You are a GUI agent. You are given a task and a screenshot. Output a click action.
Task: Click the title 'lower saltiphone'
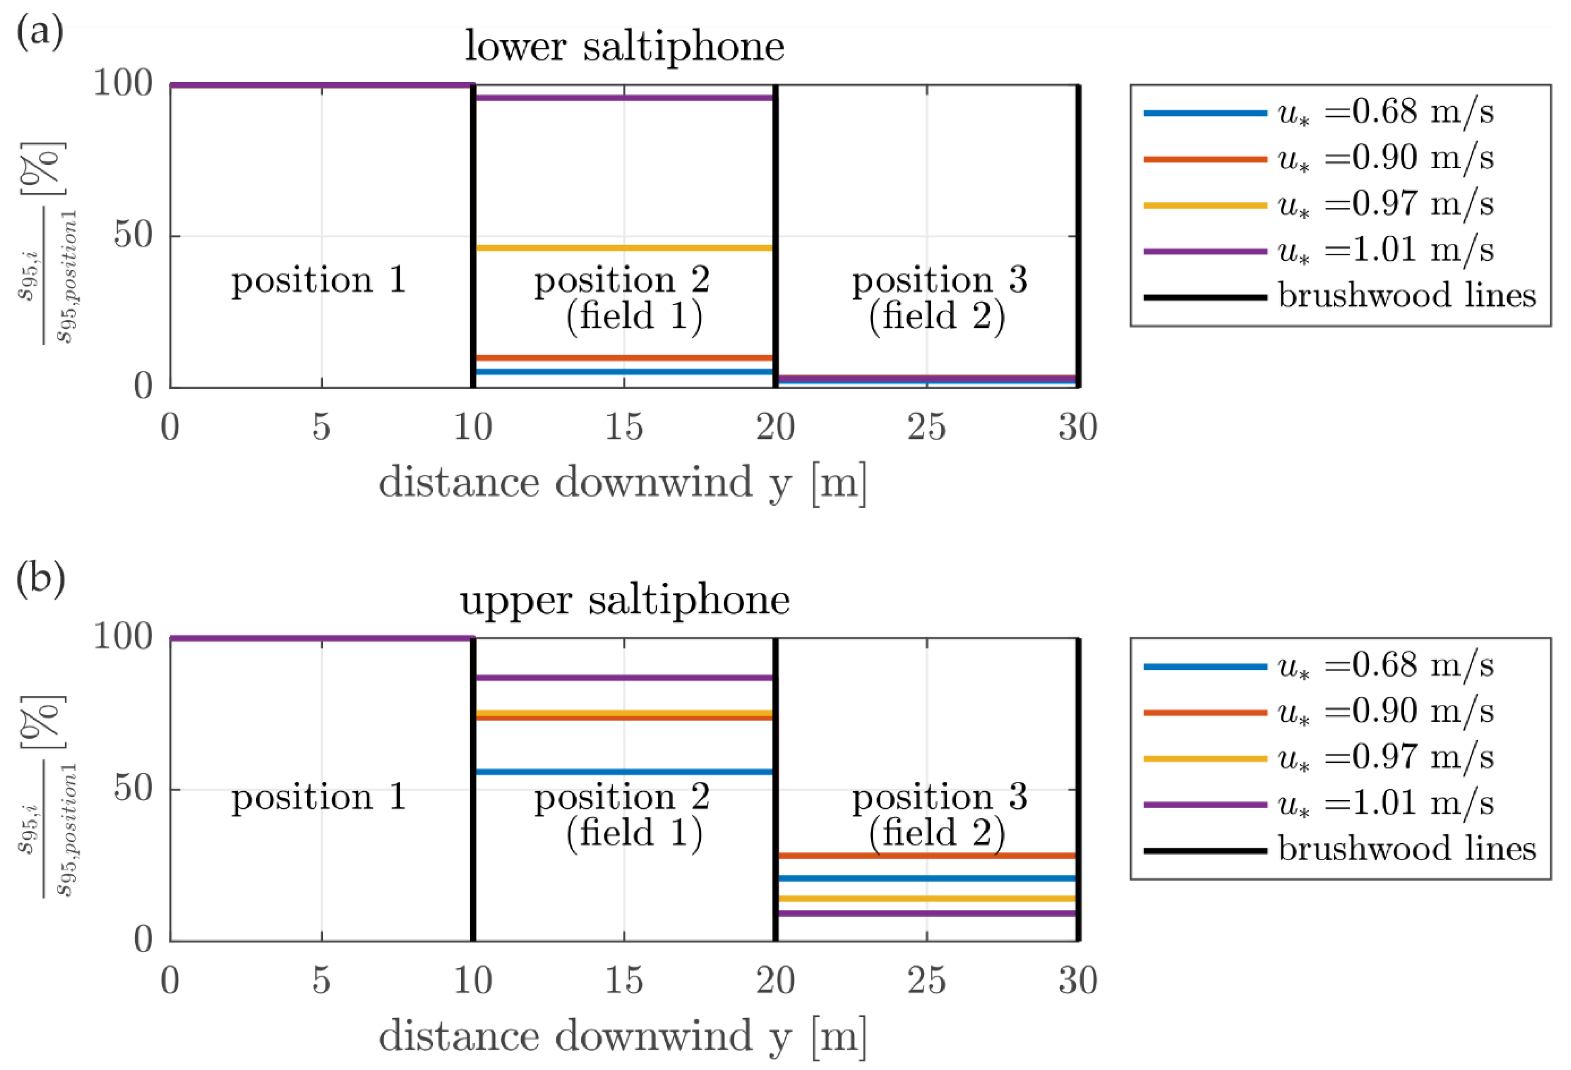tap(624, 47)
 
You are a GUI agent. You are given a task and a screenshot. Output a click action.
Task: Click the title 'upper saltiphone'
tap(624, 601)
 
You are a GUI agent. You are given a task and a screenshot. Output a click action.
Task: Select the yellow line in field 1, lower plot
tap(624, 248)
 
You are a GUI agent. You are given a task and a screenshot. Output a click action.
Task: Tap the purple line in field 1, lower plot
tap(624, 98)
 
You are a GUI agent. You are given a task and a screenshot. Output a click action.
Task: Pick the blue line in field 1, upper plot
tap(624, 772)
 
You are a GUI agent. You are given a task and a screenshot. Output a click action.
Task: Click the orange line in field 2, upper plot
tap(926, 855)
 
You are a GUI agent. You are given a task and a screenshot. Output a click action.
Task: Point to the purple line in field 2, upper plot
tap(926, 913)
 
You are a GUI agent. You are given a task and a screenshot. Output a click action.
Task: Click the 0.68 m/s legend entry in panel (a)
tap(1318, 113)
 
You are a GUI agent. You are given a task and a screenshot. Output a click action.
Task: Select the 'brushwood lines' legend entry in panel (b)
tap(1339, 849)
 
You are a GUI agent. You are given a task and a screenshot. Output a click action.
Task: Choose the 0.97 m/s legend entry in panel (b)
tap(1318, 758)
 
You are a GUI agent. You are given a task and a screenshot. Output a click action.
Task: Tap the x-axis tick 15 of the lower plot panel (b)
tap(624, 980)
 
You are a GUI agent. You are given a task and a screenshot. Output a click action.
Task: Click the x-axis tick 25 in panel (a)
tap(926, 427)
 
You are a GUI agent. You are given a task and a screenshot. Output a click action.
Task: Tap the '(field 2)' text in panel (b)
tap(937, 832)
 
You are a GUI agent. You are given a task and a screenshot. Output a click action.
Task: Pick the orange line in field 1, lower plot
tap(624, 358)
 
